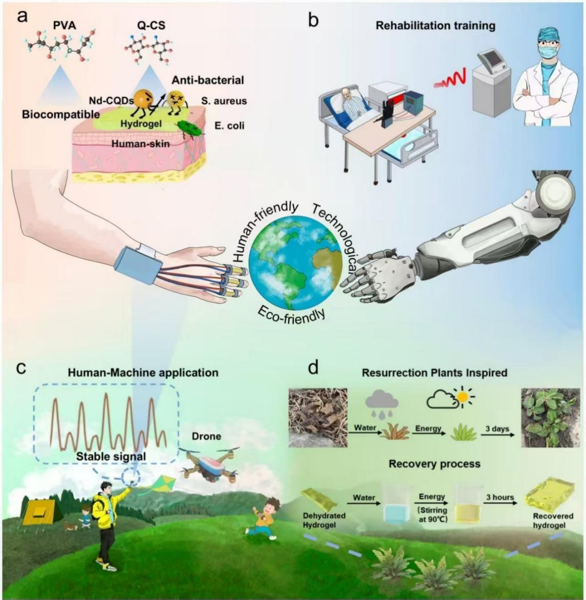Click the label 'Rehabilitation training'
pos(436,26)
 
